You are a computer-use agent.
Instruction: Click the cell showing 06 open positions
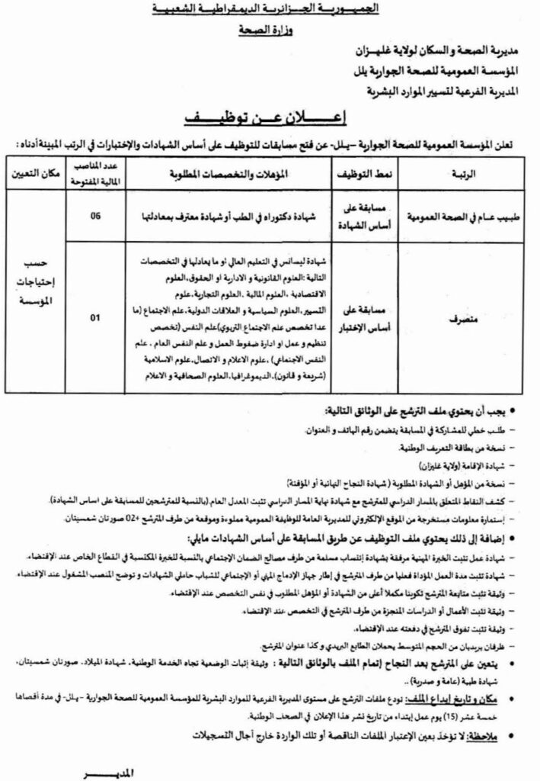[x=95, y=216]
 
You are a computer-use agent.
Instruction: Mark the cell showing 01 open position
[x=95, y=318]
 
